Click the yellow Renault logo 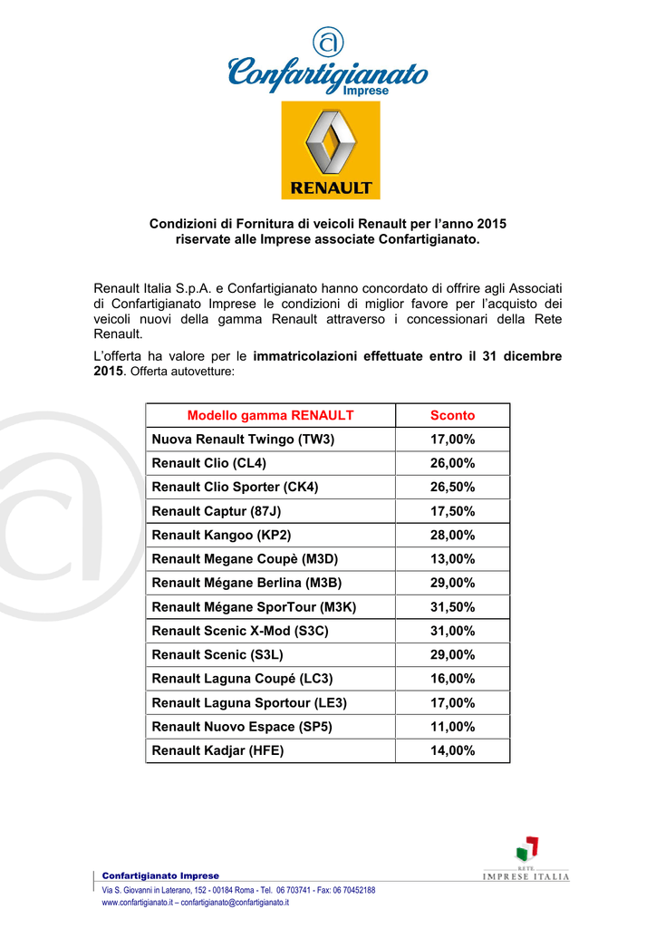coord(330,150)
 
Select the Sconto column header coord(452,415)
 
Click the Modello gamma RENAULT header coord(270,415)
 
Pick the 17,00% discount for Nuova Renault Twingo coord(452,440)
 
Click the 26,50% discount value coord(452,487)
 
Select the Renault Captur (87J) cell coord(217,511)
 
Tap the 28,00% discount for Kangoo coord(452,535)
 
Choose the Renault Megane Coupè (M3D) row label coord(245,559)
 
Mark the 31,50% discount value coord(452,606)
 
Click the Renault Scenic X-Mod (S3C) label coord(240,631)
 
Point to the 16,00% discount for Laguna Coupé coord(452,678)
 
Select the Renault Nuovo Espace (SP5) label coord(236,726)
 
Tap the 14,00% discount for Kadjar coord(452,750)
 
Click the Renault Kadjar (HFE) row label coord(217,750)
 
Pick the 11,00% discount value coord(452,726)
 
